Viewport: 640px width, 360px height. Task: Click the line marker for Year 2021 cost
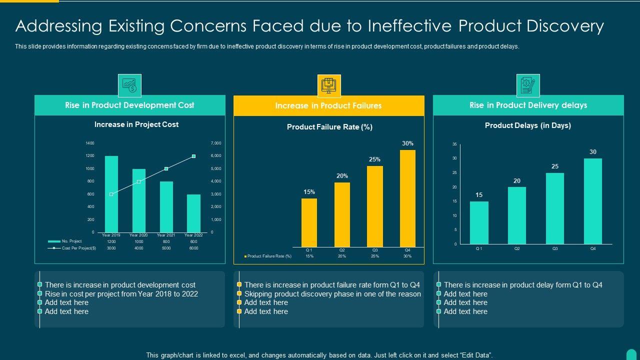point(166,169)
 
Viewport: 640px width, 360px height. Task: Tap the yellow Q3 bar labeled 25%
point(375,206)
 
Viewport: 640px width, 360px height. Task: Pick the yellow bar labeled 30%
point(407,198)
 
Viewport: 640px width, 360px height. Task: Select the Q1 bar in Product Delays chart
point(479,222)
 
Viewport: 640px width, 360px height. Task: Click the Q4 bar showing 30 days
point(593,201)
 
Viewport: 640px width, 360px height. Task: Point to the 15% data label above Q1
point(309,192)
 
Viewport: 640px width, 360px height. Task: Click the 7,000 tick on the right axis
point(215,143)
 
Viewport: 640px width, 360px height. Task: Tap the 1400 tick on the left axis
point(89,143)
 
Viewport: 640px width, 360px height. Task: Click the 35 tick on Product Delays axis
point(454,144)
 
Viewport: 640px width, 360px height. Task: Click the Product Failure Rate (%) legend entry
point(268,256)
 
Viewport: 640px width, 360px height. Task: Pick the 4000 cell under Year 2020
point(138,248)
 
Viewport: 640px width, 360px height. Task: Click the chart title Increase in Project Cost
point(136,124)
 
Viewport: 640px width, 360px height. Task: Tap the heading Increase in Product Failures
point(328,105)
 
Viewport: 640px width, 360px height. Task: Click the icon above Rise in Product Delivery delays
point(528,85)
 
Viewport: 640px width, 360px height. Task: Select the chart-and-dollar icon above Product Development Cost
point(129,85)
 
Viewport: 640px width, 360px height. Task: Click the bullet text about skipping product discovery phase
point(332,294)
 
